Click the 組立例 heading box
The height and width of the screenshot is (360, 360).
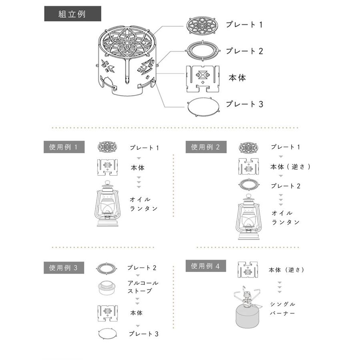[x=72, y=14]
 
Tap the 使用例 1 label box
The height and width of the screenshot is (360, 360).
[x=64, y=147]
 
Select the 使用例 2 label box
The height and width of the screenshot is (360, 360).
[x=206, y=147]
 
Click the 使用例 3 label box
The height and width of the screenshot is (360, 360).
[x=64, y=268]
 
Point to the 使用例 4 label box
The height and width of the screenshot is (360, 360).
[x=206, y=266]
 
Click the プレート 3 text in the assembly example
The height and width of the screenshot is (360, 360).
[x=244, y=104]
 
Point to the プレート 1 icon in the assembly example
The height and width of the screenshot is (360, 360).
[x=203, y=25]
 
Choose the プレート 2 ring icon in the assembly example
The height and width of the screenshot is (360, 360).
[x=203, y=50]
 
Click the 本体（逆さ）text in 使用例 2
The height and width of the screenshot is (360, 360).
[x=290, y=166]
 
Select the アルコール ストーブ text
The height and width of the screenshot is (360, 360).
[x=142, y=287]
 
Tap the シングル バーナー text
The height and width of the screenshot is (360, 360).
[x=282, y=308]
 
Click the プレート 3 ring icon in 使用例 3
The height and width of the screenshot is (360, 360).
[x=107, y=333]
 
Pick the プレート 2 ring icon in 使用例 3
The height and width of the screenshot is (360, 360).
[x=107, y=268]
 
